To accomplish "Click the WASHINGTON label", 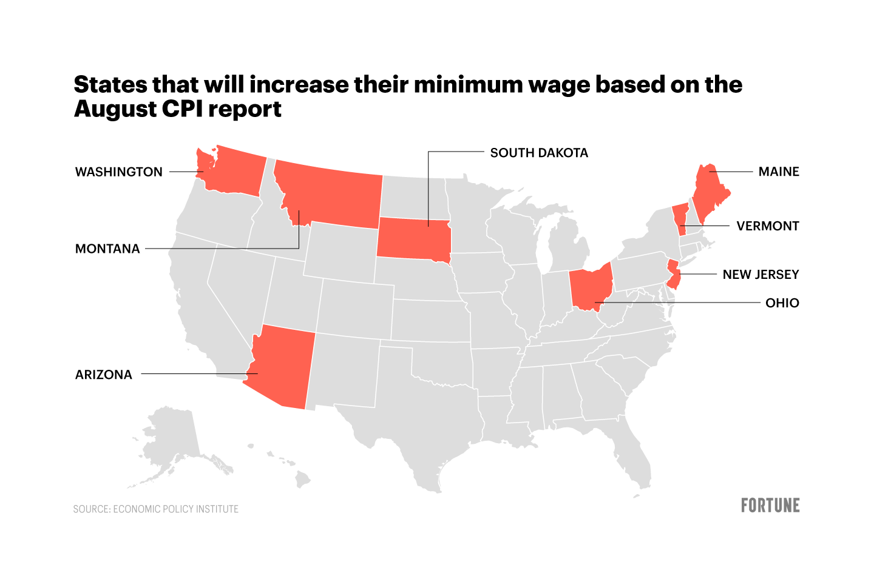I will (x=119, y=172).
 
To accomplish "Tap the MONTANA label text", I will (x=107, y=249).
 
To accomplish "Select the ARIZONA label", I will (x=104, y=375).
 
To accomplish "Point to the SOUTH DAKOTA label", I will (x=539, y=153).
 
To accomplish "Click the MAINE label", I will (x=779, y=172).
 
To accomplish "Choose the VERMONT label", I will (x=768, y=226).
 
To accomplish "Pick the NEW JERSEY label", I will (x=761, y=275).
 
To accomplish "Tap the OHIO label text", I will (x=782, y=303).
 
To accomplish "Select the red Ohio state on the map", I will (x=589, y=288).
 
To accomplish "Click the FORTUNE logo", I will (x=770, y=506).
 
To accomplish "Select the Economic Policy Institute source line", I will (x=156, y=509).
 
